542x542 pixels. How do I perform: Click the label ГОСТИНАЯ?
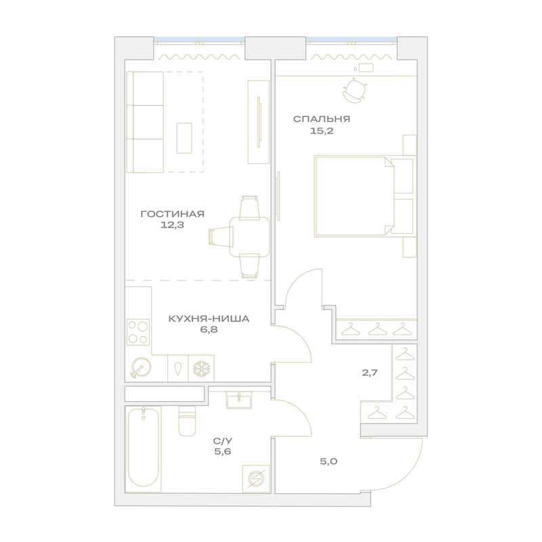173,214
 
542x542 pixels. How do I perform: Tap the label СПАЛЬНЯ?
321,119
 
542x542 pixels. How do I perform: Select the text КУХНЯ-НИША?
209,318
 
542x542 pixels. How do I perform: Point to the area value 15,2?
321,131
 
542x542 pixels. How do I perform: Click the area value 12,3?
172,225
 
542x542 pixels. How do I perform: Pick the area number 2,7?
369,373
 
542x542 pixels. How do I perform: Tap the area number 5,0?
329,461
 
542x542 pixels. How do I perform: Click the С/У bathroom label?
223,441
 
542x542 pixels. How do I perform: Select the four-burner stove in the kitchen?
138,332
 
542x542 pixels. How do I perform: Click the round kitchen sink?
140,367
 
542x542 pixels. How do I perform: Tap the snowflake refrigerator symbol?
201,369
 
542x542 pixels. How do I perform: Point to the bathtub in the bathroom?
144,449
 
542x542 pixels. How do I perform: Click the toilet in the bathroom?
187,421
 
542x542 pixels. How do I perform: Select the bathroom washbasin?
239,400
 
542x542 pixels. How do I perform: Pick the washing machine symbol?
256,479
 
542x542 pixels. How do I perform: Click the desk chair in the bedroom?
354,91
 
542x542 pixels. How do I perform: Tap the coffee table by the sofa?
184,138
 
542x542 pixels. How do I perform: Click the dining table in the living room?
249,236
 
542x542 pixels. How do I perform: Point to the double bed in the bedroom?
364,196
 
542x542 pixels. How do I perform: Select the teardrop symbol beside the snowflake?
178,369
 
